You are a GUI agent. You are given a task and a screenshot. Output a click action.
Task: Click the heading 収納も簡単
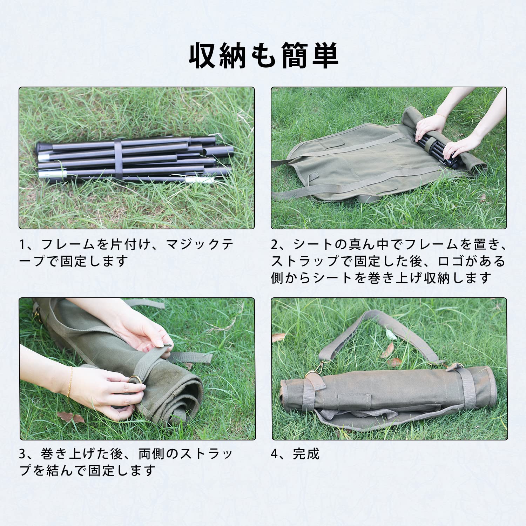[x=263, y=55]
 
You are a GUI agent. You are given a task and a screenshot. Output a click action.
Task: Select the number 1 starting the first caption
[x=22, y=244]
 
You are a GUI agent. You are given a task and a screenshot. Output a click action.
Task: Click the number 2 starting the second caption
[x=275, y=244]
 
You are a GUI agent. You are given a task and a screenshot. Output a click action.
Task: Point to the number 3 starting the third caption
[x=23, y=454]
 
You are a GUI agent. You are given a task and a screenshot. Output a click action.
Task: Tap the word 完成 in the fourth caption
[x=306, y=454]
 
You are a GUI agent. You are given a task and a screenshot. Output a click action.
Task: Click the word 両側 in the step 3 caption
[x=152, y=454]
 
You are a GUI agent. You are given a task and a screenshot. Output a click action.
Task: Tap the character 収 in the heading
[x=202, y=55]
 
